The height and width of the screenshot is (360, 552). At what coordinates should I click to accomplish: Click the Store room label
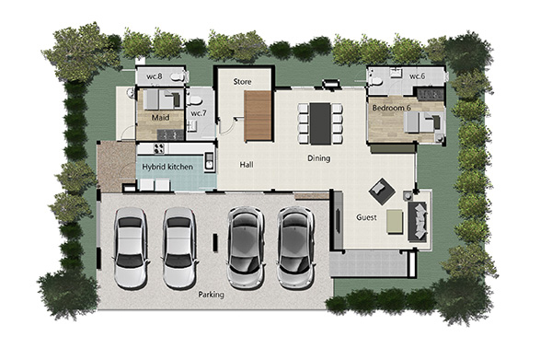[x=242, y=82]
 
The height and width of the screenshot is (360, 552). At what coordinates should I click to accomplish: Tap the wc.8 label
[x=155, y=76]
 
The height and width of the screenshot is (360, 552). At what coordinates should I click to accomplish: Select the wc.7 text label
[x=199, y=113]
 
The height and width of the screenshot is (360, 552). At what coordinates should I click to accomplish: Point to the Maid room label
[x=160, y=117]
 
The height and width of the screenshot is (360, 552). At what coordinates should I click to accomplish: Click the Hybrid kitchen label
[x=167, y=167]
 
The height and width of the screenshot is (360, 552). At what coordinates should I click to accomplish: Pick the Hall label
[x=247, y=165]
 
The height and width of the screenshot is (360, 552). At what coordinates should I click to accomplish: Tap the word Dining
[x=319, y=158]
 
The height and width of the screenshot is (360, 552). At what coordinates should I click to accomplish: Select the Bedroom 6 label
[x=392, y=108]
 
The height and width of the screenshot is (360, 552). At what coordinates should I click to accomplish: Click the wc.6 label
[x=417, y=76]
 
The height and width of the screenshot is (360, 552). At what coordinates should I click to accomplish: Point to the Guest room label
[x=366, y=217]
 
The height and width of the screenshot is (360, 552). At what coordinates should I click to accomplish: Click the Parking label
[x=211, y=295]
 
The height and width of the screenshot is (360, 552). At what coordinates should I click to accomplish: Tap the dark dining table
[x=320, y=123]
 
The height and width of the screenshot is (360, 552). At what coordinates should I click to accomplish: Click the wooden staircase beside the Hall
[x=258, y=115]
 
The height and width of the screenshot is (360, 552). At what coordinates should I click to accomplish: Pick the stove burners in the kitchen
[x=159, y=148]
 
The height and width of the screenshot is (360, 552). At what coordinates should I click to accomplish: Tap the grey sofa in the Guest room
[x=419, y=222]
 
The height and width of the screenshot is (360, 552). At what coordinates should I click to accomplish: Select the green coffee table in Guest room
[x=395, y=222]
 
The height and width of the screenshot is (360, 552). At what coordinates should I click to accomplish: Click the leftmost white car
[x=131, y=248]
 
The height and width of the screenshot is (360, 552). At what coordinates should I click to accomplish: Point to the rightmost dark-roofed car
[x=295, y=247]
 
